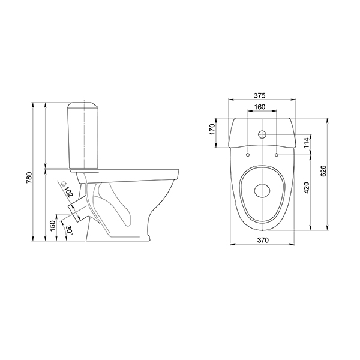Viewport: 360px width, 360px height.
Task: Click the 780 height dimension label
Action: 29,178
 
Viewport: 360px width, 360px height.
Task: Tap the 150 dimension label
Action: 53,226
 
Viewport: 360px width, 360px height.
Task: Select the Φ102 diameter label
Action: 67,189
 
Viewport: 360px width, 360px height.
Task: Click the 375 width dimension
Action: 260,95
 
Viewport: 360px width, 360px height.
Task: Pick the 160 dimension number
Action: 260,107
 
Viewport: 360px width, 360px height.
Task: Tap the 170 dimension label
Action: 212,129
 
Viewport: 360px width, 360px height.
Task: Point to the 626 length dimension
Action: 323,171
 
